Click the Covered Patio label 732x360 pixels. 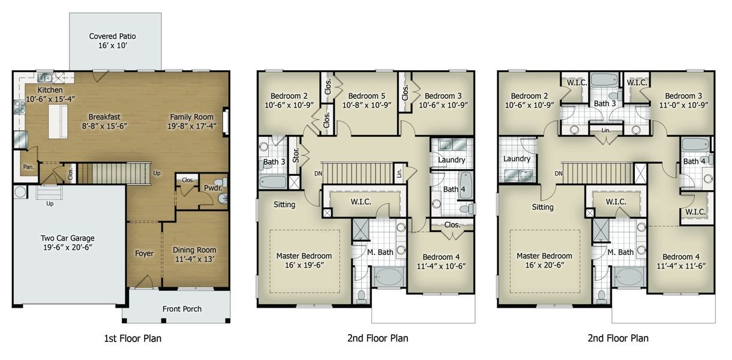(112, 36)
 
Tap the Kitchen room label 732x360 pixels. (50, 90)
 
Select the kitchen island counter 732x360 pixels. (58, 122)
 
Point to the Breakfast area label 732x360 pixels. (104, 116)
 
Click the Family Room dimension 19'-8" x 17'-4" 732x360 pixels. (192, 126)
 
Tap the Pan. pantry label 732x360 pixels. (28, 167)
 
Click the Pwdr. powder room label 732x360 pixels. (213, 188)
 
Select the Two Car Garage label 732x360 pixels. (68, 238)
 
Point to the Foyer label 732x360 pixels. (144, 254)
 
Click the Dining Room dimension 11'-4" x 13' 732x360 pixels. (195, 259)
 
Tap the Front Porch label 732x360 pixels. (182, 309)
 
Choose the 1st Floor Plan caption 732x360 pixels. (133, 338)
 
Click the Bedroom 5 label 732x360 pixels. (367, 96)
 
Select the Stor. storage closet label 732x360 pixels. (296, 155)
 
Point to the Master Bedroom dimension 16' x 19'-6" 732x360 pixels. (304, 265)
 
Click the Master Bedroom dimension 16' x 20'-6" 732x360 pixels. (544, 265)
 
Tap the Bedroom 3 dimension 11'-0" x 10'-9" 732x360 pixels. (683, 105)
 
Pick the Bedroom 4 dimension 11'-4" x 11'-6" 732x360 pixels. (681, 266)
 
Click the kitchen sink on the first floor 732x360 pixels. (45, 77)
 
